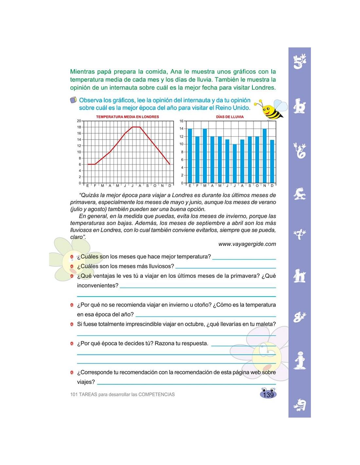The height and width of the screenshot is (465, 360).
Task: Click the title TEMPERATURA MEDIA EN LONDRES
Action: point(127,117)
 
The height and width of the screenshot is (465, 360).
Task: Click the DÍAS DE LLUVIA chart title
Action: point(230,117)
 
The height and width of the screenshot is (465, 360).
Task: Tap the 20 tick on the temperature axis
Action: point(79,121)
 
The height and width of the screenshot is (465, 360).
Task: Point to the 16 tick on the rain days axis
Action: point(182,121)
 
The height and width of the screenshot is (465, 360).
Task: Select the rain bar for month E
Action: point(190,156)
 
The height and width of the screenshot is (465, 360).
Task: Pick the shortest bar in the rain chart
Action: point(234,164)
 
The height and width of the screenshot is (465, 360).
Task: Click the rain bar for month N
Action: point(264,156)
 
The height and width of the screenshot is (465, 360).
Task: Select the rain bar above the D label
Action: point(272,161)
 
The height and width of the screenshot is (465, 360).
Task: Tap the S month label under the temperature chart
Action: point(147,186)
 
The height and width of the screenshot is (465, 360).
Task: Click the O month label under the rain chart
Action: point(257,186)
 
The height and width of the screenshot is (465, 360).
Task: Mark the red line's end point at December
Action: point(170,164)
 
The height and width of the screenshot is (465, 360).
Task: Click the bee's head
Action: point(269,110)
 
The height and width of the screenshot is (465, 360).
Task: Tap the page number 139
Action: point(268,395)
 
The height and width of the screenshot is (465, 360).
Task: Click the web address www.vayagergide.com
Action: point(247,244)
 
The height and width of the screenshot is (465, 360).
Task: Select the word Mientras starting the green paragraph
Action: point(82,72)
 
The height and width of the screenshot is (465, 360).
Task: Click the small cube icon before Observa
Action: point(73,100)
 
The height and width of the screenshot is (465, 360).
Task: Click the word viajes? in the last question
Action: point(86,382)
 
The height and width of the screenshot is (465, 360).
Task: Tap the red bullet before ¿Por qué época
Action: point(72,344)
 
